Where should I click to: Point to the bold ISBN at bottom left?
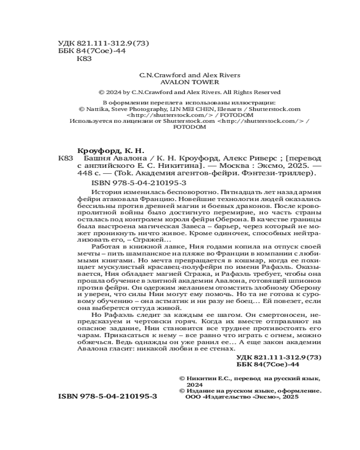(x=108, y=398)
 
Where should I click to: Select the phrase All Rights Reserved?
(x=256, y=92)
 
